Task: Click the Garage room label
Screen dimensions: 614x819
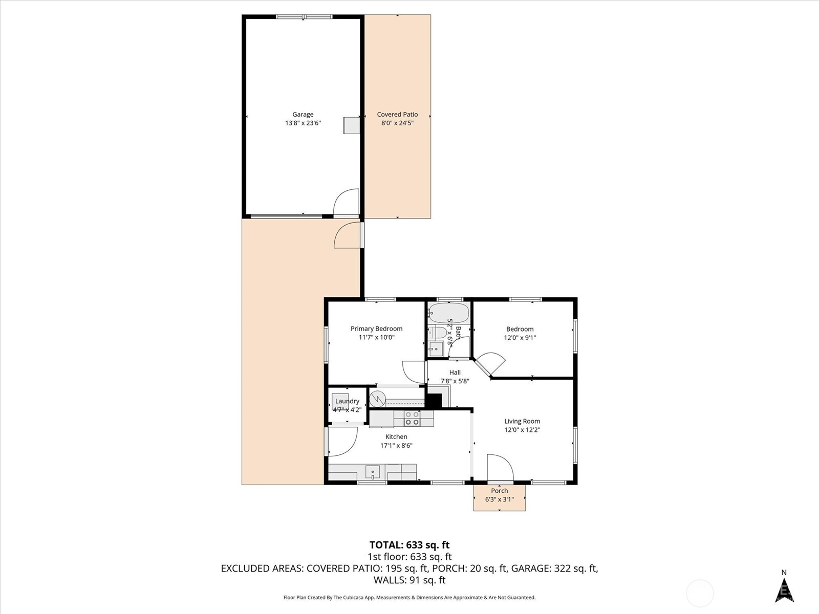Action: pyautogui.click(x=303, y=115)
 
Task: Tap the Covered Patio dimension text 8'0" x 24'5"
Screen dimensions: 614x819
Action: pyautogui.click(x=397, y=123)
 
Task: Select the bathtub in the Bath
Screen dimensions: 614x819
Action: pyautogui.click(x=449, y=313)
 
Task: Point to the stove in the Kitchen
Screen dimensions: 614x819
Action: pyautogui.click(x=412, y=418)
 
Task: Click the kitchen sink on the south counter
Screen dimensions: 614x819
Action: pyautogui.click(x=372, y=472)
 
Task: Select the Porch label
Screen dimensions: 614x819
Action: pyautogui.click(x=499, y=491)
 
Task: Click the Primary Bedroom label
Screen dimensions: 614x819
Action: pyautogui.click(x=376, y=328)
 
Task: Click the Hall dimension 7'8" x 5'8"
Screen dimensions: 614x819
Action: pyautogui.click(x=455, y=381)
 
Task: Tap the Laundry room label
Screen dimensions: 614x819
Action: pyautogui.click(x=347, y=401)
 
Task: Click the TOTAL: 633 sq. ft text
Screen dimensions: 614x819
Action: pyautogui.click(x=409, y=545)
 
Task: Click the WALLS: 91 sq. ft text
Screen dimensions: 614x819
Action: pyautogui.click(x=409, y=580)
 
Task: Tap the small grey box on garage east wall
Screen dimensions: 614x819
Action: pyautogui.click(x=351, y=125)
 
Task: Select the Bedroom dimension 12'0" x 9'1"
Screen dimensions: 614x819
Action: pyautogui.click(x=520, y=338)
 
